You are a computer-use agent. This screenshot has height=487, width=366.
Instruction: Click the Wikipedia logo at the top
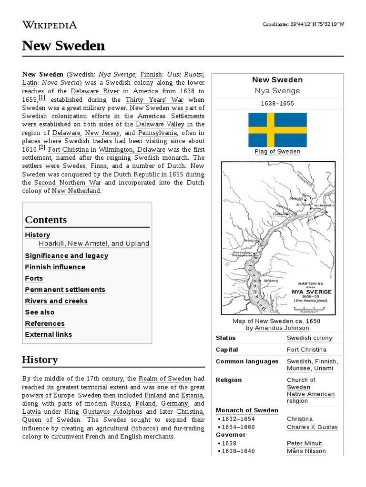point(49,25)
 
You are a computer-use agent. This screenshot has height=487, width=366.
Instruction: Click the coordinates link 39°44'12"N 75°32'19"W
point(317,25)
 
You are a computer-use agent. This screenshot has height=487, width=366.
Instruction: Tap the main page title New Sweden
point(63,46)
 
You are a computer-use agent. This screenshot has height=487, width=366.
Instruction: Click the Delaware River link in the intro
point(94,91)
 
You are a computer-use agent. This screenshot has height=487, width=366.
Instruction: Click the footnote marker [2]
point(42,147)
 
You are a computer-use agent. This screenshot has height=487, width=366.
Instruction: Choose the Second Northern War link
point(68,182)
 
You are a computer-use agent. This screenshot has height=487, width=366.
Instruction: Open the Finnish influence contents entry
point(55,267)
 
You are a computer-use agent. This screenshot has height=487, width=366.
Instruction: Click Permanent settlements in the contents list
point(65,290)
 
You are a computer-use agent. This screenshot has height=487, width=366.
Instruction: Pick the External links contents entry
point(48,334)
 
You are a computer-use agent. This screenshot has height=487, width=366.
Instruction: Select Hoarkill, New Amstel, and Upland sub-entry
point(94,243)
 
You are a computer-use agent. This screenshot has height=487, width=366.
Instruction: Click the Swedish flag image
point(277,130)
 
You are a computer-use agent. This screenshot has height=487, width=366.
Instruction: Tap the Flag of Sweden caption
point(277,152)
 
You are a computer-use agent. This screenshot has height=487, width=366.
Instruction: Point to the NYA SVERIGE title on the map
point(312,292)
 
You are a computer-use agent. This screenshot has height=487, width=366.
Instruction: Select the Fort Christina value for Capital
point(306,350)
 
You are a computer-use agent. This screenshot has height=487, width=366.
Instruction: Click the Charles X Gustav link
point(312,427)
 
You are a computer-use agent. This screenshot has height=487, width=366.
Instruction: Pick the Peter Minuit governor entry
point(304,443)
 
